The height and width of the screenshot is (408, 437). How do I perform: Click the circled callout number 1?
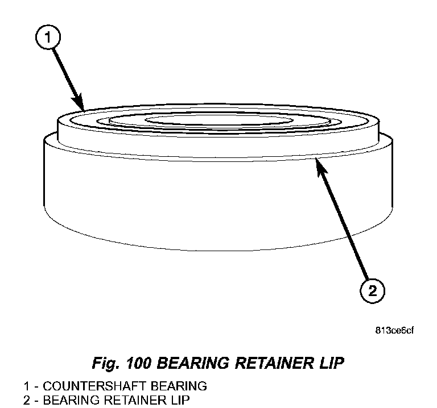pos(48,38)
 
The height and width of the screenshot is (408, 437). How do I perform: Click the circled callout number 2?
pos(371,292)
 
